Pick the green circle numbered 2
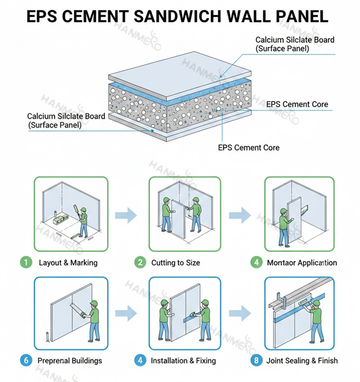tap(141, 262)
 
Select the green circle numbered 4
tap(257, 262)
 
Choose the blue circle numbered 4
tap(141, 360)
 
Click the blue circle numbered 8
tap(257, 360)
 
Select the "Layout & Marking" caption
tap(68, 263)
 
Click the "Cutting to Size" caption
tap(175, 263)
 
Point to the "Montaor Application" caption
tap(301, 263)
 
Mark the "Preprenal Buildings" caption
tap(70, 360)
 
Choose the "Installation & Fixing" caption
tap(183, 360)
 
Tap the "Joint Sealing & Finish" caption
tap(302, 360)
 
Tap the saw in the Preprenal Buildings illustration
tap(76, 310)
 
